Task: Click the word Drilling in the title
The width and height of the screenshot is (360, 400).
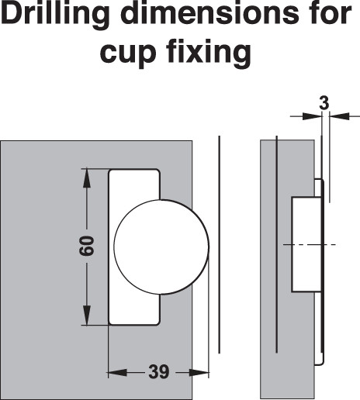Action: (x=56, y=14)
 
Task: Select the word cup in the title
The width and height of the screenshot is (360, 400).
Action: (x=128, y=53)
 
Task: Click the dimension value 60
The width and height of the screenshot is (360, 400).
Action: (x=87, y=246)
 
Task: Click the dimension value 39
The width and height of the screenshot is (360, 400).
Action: (x=159, y=372)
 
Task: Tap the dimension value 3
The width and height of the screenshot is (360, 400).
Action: (x=324, y=103)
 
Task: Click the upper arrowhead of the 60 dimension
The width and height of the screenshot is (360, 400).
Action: (x=87, y=178)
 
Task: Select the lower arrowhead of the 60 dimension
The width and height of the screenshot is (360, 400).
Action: (x=87, y=315)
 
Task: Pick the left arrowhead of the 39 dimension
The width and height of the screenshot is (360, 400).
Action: (x=117, y=373)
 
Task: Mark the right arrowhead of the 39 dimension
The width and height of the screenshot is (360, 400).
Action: (x=199, y=373)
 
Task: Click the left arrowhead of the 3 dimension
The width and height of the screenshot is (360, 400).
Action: (x=312, y=116)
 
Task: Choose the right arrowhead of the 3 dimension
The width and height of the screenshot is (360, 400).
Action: (x=340, y=116)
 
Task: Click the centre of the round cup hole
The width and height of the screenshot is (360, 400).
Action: (x=161, y=247)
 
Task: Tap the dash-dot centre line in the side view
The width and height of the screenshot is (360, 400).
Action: (x=310, y=244)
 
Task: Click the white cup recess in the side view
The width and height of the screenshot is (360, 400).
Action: (x=306, y=245)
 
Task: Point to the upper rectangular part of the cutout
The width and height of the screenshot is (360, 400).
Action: (x=134, y=184)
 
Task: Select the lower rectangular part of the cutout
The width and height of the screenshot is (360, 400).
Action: (x=134, y=309)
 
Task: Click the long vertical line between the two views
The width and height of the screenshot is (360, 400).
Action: (x=220, y=244)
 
